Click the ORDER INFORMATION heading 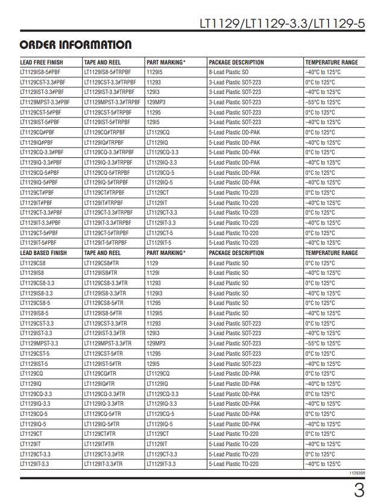pyautogui.click(x=75, y=45)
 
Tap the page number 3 pyautogui.click(x=359, y=490)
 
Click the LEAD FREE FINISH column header pyautogui.click(x=42, y=62)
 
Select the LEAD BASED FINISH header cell pyautogui.click(x=43, y=253)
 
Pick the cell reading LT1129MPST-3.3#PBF pyautogui.click(x=45, y=102)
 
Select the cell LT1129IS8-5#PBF pyautogui.click(x=40, y=72)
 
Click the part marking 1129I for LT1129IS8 pyautogui.click(x=153, y=273)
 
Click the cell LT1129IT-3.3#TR pyautogui.click(x=103, y=464)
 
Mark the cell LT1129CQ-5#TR pyautogui.click(x=102, y=414)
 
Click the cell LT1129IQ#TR pyautogui.click(x=100, y=384)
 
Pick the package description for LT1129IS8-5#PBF pyautogui.click(x=228, y=72)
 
